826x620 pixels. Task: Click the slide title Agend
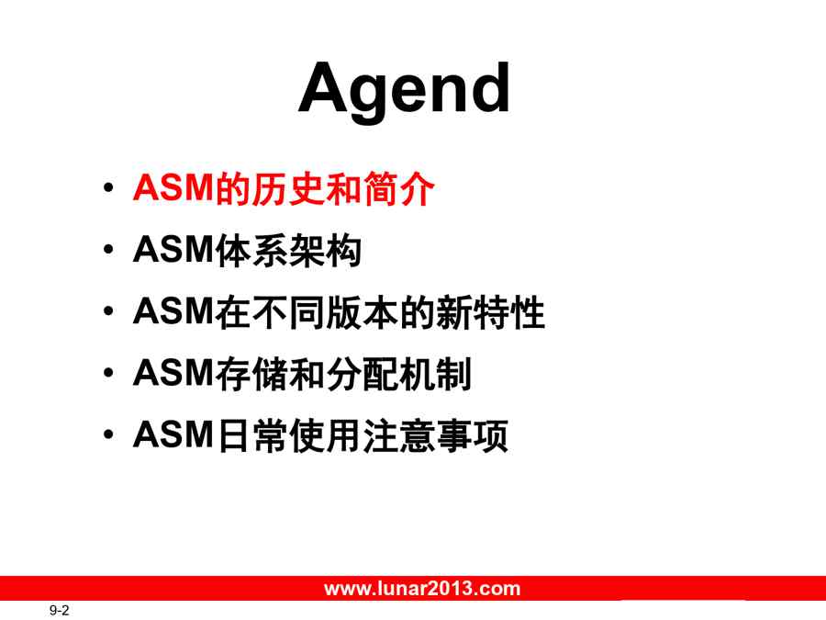(x=404, y=90)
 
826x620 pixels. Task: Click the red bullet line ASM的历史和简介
(x=284, y=188)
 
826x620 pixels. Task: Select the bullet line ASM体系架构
(x=248, y=250)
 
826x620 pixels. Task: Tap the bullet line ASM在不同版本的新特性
(x=340, y=312)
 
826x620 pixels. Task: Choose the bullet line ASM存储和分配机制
(x=302, y=374)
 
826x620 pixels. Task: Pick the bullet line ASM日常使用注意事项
(x=321, y=435)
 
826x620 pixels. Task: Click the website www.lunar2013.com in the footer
(x=422, y=589)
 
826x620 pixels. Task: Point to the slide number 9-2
(x=59, y=611)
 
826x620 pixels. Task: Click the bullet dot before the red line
(x=108, y=187)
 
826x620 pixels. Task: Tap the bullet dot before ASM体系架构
(x=108, y=249)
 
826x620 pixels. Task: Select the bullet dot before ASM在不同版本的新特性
(x=108, y=311)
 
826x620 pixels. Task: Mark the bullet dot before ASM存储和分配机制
(x=108, y=373)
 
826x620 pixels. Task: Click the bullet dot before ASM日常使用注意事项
(x=108, y=435)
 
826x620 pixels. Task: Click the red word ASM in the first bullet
(x=173, y=188)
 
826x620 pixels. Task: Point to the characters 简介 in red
(x=398, y=188)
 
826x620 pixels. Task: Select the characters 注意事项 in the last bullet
(x=436, y=435)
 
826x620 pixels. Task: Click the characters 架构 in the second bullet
(x=326, y=250)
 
